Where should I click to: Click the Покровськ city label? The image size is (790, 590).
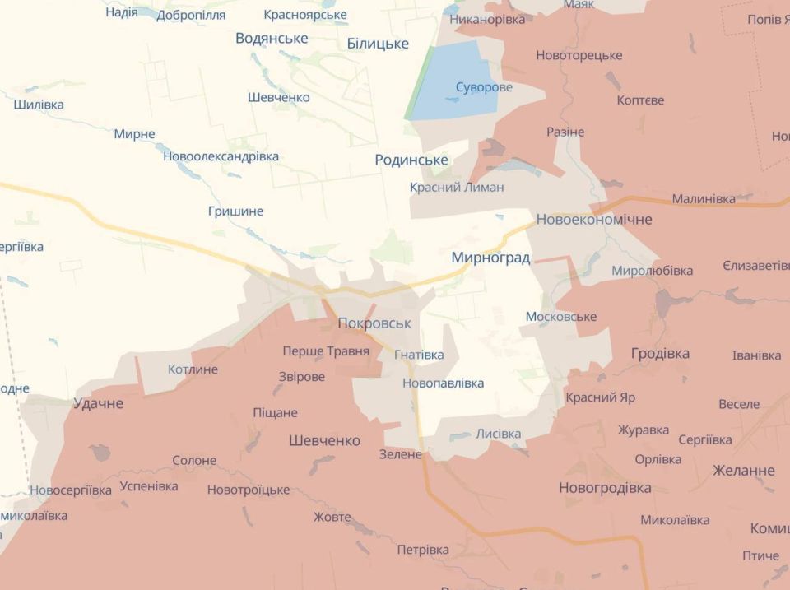point(374,323)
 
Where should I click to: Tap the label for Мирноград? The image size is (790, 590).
point(490,258)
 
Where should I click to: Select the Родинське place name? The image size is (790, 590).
point(411,160)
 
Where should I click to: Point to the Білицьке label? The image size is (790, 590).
point(378,44)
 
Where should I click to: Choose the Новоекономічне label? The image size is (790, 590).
point(593,220)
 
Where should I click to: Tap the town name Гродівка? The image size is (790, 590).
point(660,353)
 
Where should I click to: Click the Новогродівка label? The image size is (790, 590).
point(605,488)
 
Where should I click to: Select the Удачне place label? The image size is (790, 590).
point(98,403)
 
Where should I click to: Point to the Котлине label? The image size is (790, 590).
point(193,369)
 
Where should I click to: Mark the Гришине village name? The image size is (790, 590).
point(235,211)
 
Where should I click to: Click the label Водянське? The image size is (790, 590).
point(272,39)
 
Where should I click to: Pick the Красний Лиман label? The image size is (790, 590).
point(457,188)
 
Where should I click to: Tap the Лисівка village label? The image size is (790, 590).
point(498,434)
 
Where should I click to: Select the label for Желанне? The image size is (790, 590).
point(743,471)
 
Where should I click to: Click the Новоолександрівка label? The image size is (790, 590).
point(221,156)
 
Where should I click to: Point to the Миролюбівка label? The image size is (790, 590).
point(652,271)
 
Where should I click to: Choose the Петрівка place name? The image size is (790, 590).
point(423,550)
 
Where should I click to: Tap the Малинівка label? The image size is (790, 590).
point(704,199)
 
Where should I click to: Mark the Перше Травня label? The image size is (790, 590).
point(326,351)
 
